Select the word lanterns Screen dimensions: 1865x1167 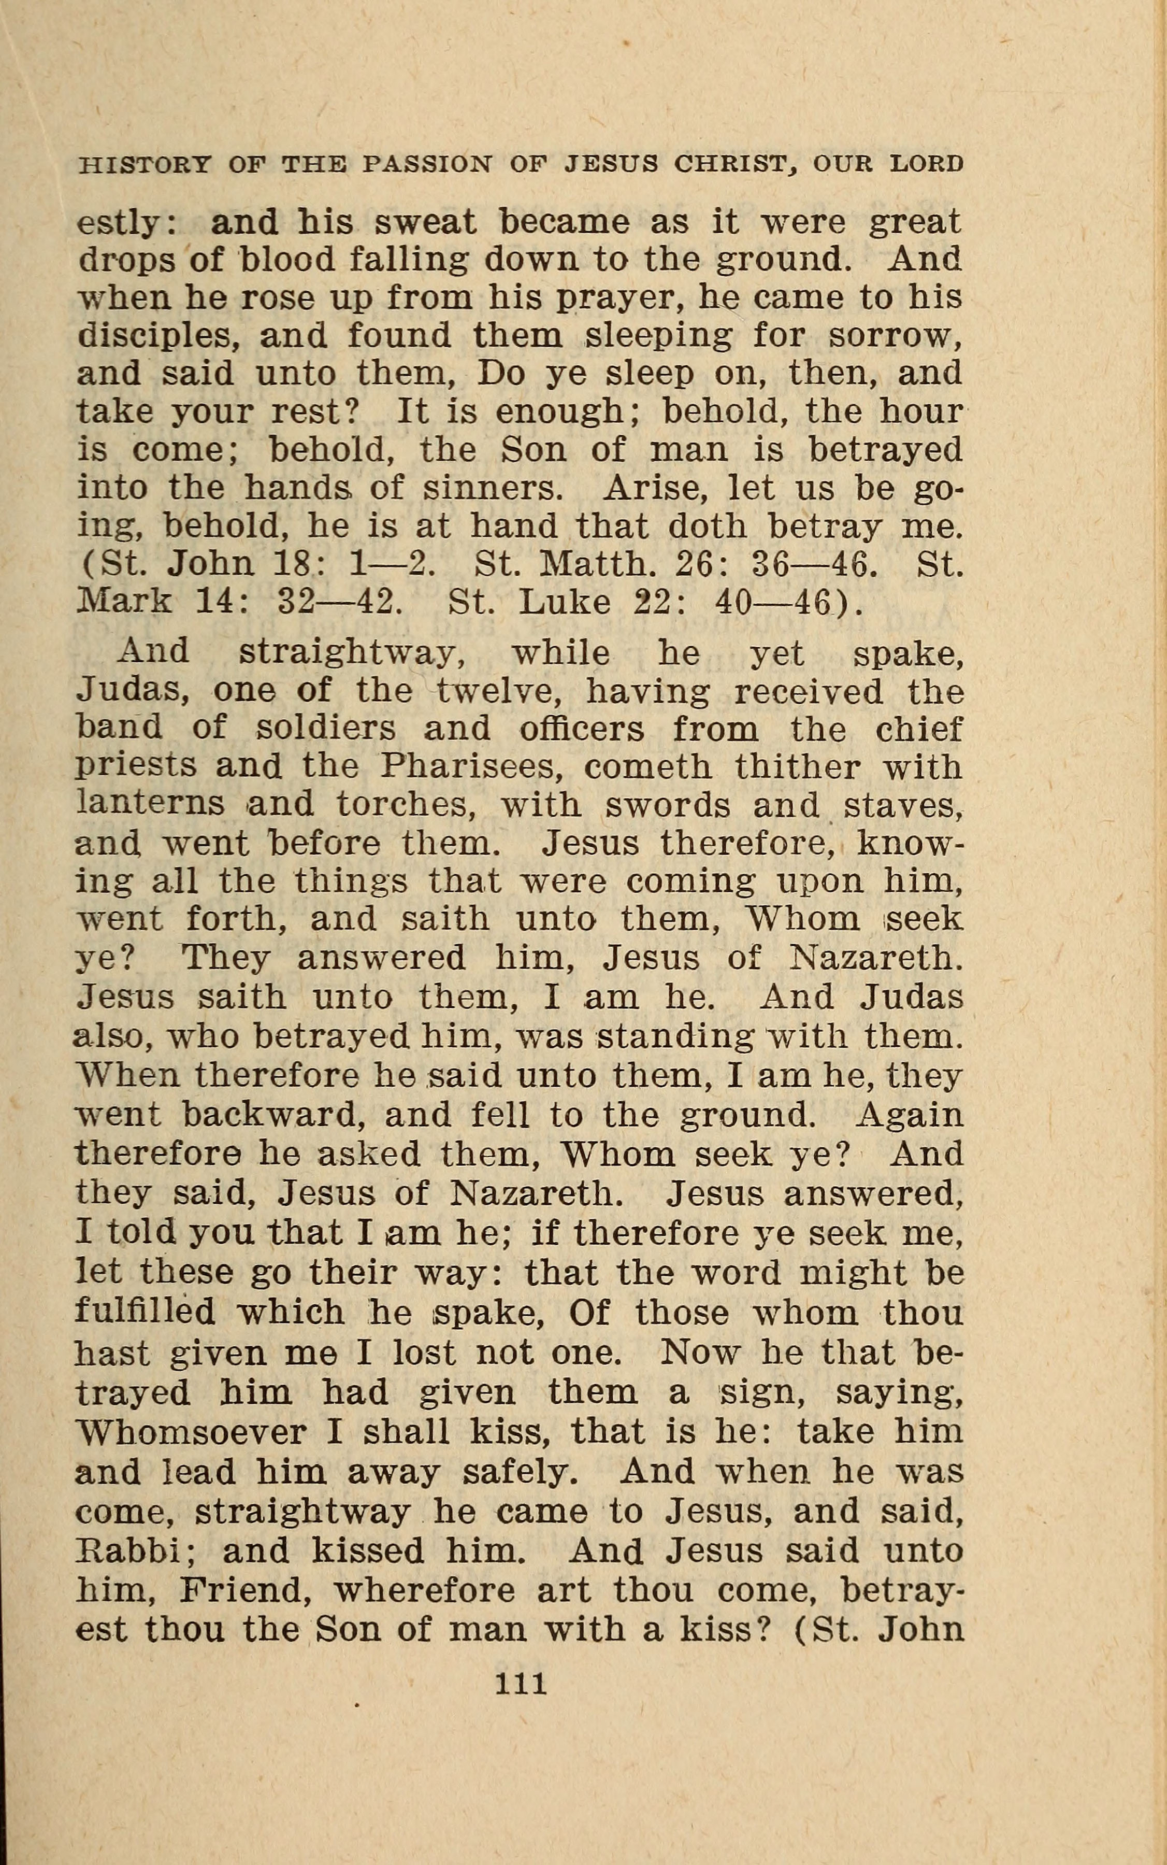click(x=151, y=804)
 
